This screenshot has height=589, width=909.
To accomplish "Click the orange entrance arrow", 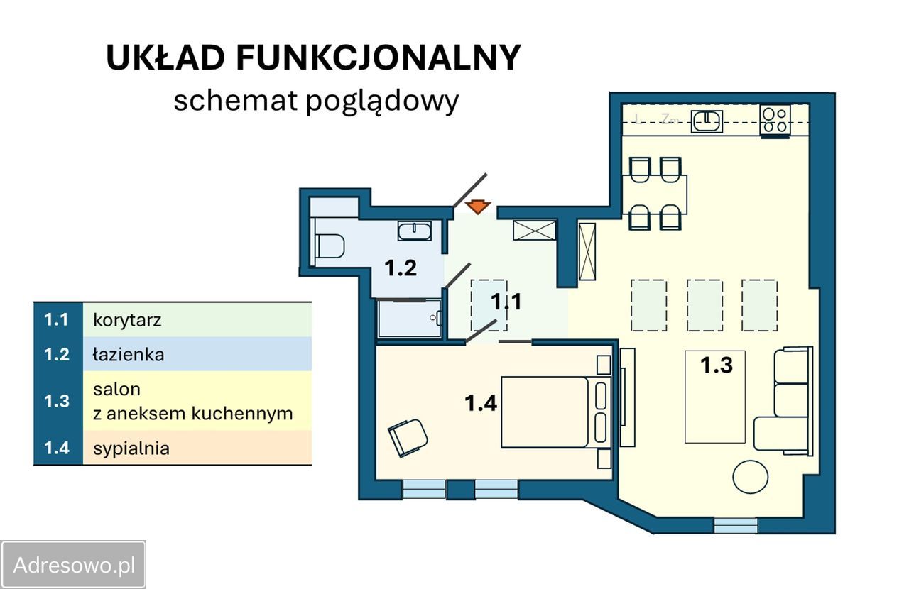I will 478,207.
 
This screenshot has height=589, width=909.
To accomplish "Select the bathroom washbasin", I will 413,231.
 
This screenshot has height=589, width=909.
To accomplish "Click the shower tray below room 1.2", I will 409,319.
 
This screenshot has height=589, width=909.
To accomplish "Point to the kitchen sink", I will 707,121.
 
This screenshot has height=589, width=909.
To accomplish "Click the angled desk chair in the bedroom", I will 408,437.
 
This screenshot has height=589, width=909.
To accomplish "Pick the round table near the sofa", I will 750,476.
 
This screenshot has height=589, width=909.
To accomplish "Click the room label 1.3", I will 716,365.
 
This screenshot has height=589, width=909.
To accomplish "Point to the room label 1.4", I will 481,404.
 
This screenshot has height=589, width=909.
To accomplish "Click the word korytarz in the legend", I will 127,320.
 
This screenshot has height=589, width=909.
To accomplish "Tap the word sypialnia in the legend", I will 131,448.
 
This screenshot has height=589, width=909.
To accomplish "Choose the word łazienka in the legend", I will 129,354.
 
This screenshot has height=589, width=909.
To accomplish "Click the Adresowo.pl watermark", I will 74,565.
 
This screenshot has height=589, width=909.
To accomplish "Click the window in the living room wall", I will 735,525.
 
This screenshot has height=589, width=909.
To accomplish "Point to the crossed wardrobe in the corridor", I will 534,230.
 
